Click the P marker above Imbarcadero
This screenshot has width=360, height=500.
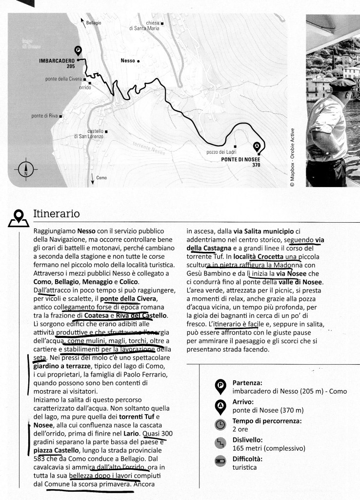[x=77, y=50]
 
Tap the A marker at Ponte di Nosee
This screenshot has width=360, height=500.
[x=258, y=146]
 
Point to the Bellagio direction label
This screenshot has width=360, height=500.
[x=94, y=23]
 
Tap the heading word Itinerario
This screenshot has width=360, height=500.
[x=56, y=214]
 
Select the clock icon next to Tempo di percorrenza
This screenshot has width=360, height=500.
[x=220, y=425]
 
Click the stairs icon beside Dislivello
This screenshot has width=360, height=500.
[x=220, y=444]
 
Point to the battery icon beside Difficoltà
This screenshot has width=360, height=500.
[x=220, y=462]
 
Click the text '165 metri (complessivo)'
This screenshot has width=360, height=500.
[x=269, y=448]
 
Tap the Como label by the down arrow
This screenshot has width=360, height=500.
[x=101, y=178]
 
